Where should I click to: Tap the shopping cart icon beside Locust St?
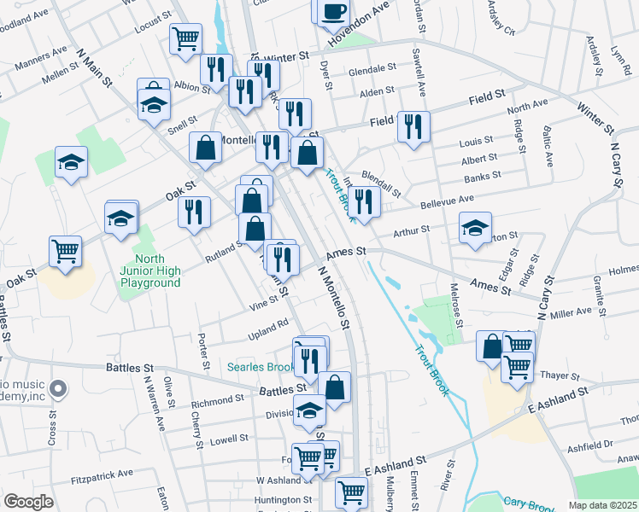(x=185, y=38)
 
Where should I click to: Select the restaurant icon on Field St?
(x=413, y=127)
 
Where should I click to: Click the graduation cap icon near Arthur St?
(x=475, y=228)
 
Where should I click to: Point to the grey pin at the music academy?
(x=58, y=389)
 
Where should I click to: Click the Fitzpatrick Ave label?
(x=103, y=473)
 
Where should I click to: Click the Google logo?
(x=28, y=502)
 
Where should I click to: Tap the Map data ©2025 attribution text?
(x=602, y=505)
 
